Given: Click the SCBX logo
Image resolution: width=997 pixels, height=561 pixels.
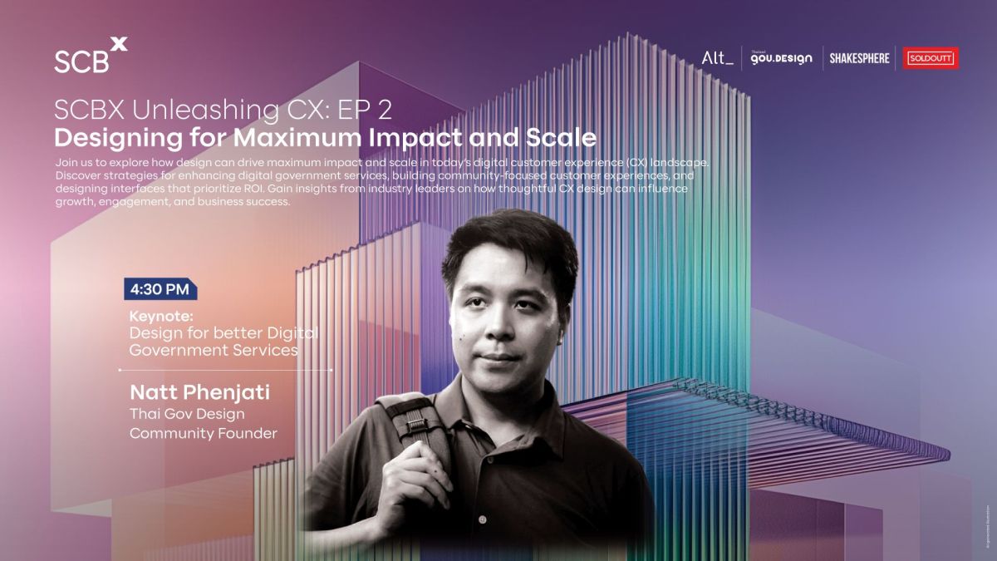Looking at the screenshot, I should point(91,56).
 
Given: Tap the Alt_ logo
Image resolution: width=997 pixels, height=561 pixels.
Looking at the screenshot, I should point(717,58).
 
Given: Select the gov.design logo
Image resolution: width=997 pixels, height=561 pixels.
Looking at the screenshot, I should point(780,58).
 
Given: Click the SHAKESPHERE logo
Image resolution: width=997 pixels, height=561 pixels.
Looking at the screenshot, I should point(859,58).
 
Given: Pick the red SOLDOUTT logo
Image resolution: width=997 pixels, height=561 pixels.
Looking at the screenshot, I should point(931,58).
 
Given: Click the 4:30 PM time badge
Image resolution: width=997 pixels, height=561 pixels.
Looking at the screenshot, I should point(160,290).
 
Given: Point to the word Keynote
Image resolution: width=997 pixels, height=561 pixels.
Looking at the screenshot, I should point(161,317).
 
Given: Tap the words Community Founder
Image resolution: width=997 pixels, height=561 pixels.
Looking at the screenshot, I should point(203,433).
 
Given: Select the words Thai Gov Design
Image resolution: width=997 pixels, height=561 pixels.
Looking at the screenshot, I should point(187,414).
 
